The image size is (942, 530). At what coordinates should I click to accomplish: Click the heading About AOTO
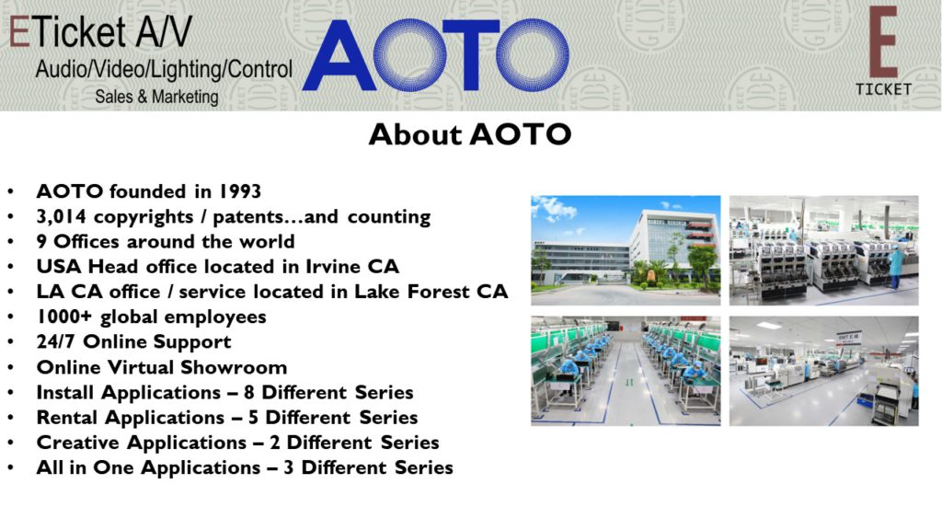[470, 134]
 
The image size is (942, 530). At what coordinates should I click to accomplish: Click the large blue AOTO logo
[435, 55]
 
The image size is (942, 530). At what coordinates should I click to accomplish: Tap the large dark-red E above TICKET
[883, 42]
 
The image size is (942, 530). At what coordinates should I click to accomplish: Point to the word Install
[66, 392]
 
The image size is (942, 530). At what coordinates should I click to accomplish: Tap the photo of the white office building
[626, 250]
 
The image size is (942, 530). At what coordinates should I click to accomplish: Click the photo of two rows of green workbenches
[626, 371]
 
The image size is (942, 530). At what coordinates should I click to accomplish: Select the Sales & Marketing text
[156, 97]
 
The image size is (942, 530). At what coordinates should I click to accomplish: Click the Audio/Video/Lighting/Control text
[164, 70]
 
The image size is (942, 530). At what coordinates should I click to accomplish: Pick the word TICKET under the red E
[883, 89]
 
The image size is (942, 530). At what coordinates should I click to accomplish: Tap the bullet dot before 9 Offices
[10, 242]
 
